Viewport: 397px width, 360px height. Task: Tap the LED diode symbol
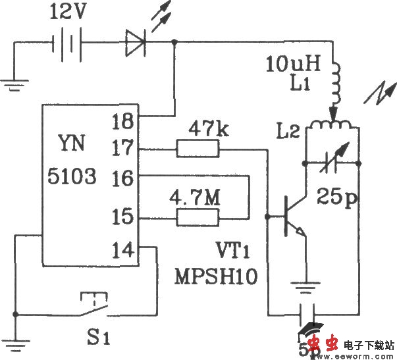point(136,43)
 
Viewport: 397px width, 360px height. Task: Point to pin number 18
point(122,120)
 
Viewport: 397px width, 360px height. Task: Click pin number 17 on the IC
point(122,149)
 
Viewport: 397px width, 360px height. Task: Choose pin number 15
point(122,217)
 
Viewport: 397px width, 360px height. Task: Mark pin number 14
point(122,250)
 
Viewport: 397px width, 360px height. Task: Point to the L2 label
point(290,132)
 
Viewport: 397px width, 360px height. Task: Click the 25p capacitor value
point(335,195)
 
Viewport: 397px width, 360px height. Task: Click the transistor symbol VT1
point(290,217)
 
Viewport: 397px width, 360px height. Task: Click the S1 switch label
point(99,340)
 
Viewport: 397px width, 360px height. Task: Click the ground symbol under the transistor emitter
point(306,288)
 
